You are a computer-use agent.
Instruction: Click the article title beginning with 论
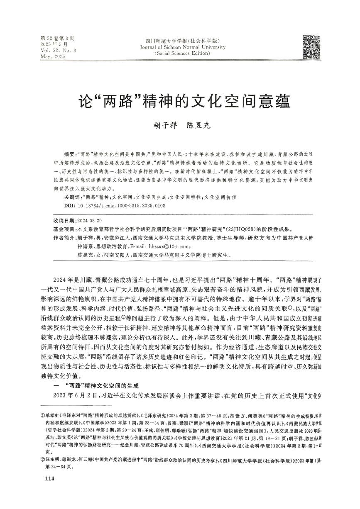tap(180, 101)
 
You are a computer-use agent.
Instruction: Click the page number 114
tap(49, 480)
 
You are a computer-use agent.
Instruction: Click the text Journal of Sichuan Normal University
tap(183, 47)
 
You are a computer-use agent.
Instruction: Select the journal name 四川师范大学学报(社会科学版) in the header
tap(183, 41)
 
